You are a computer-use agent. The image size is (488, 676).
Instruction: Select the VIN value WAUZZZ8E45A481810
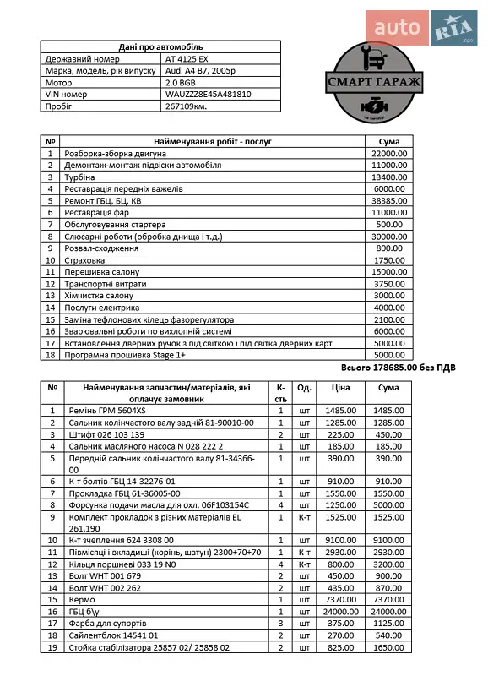(208, 95)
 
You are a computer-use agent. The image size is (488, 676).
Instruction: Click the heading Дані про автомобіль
(160, 47)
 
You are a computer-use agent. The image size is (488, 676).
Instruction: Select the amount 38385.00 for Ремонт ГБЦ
(390, 201)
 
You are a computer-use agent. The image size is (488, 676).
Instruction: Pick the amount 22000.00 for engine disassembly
(390, 154)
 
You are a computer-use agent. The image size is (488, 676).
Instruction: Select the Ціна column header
(340, 387)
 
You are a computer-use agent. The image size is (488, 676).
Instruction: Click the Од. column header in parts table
(305, 387)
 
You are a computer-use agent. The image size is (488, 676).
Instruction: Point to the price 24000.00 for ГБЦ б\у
(340, 611)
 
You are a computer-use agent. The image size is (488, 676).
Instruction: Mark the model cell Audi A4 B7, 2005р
(201, 72)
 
